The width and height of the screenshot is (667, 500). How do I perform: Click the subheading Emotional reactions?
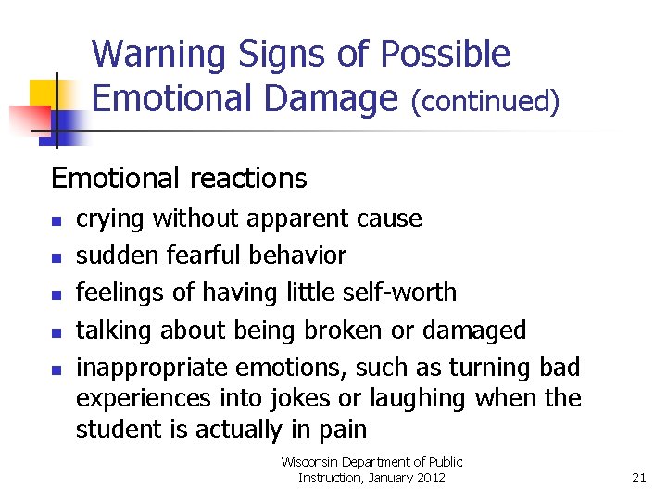[179, 177]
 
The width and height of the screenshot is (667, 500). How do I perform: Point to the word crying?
[110, 219]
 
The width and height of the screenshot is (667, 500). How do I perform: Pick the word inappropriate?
[153, 368]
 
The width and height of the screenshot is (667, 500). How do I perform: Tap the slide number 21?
[638, 478]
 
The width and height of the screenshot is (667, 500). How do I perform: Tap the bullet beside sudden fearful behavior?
[56, 258]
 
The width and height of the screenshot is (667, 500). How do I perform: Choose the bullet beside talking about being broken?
[56, 332]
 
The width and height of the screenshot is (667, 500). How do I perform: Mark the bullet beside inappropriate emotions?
[56, 369]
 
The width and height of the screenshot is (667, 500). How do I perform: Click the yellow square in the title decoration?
[44, 93]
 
